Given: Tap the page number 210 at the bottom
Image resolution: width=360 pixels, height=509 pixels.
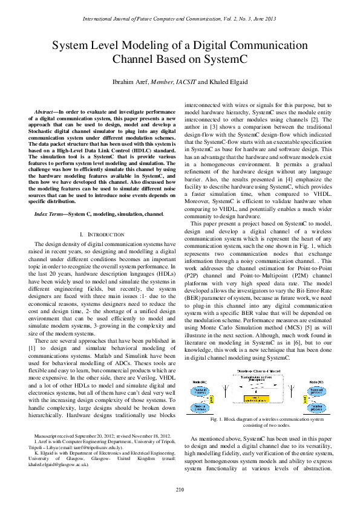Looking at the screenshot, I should (180, 488).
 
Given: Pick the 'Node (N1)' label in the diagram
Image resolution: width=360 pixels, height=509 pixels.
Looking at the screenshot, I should (201, 382).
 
